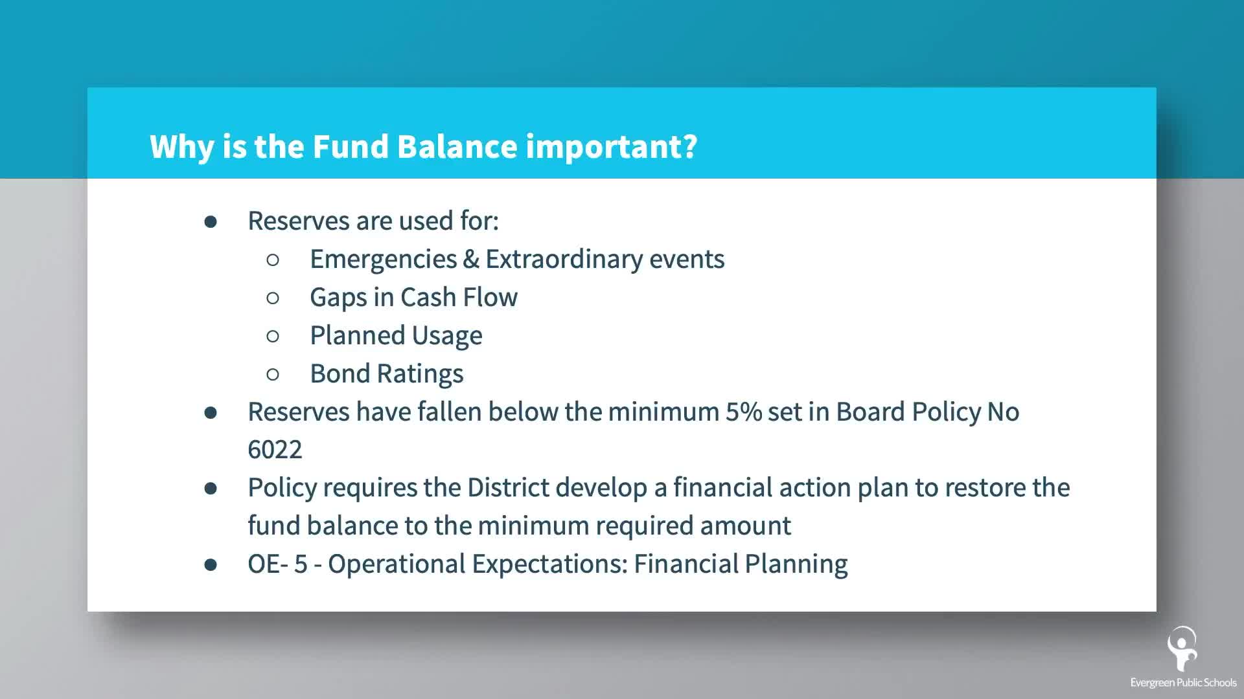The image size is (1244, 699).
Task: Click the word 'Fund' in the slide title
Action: point(351,146)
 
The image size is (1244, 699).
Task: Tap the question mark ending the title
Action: point(689,146)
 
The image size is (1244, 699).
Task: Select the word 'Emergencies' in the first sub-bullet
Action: point(384,260)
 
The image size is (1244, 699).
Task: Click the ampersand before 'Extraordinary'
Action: point(471,259)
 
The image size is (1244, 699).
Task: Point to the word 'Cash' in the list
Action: point(428,297)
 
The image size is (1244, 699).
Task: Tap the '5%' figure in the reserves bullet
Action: point(744,412)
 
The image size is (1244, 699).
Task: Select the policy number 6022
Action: point(275,450)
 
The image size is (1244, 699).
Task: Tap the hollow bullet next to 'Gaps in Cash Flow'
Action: point(273,298)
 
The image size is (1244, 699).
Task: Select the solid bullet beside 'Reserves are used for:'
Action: point(211,221)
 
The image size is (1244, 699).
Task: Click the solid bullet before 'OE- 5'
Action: point(211,564)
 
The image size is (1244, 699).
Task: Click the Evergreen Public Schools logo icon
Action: point(1182,649)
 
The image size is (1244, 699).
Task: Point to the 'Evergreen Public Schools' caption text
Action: point(1183,682)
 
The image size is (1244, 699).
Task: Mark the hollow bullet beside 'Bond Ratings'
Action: point(273,374)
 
